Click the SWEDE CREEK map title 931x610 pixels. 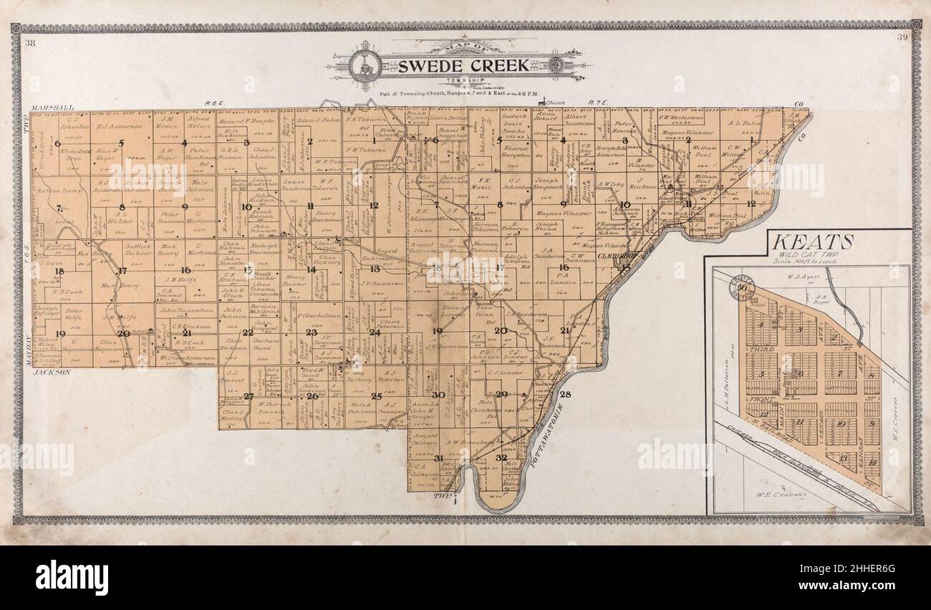[463, 66]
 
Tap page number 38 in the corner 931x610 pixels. [30, 44]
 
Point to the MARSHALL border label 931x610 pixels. [52, 108]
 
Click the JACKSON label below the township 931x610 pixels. [49, 373]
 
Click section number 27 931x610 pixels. [249, 396]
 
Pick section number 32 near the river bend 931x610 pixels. [501, 457]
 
